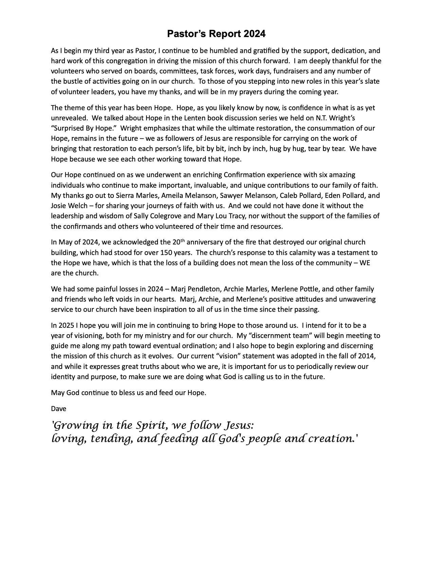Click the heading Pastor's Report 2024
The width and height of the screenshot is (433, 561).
(216, 34)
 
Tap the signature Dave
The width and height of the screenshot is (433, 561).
(58, 409)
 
